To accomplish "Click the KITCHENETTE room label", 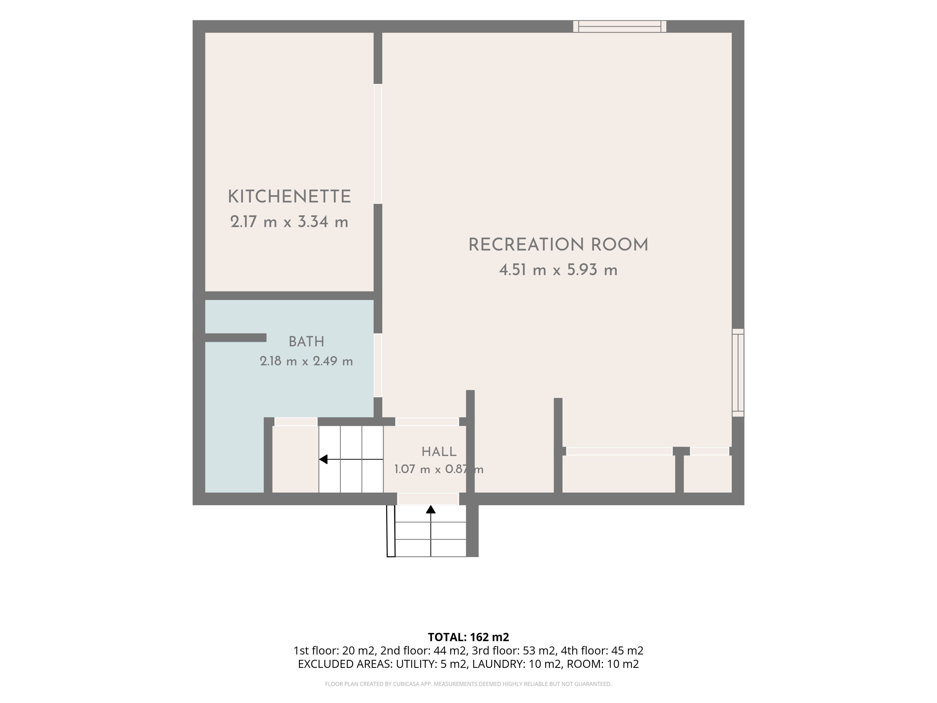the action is (x=289, y=196).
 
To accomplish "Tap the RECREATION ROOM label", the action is (x=558, y=245).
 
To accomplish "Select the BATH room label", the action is (x=306, y=341).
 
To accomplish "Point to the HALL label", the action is (x=439, y=452).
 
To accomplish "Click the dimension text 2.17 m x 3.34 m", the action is (x=289, y=222).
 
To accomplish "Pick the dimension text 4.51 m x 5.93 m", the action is (x=558, y=270).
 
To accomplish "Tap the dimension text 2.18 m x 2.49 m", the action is (x=306, y=361).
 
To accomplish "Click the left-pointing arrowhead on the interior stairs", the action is (x=323, y=459).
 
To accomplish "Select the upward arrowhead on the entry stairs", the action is (x=431, y=509).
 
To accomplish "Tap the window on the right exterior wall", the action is (x=738, y=372).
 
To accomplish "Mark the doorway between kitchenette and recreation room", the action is (x=378, y=144).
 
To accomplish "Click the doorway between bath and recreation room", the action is (x=378, y=365).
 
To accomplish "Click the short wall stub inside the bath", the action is (x=235, y=338).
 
